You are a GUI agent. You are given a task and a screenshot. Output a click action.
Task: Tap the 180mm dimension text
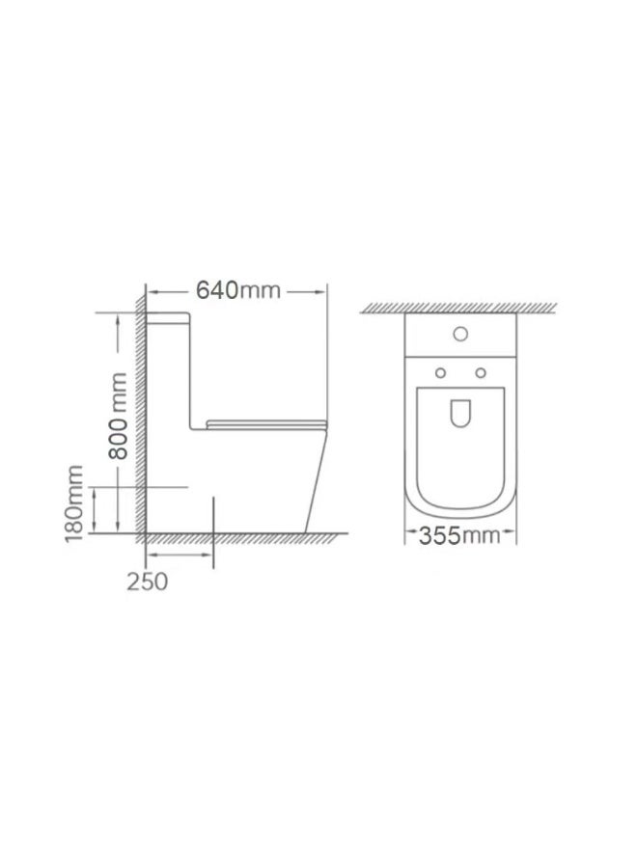75,502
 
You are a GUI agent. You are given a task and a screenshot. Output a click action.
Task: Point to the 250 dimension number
146,582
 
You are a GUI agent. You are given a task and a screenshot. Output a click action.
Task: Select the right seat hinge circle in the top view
481,373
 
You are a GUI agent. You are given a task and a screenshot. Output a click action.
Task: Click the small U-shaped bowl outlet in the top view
459,413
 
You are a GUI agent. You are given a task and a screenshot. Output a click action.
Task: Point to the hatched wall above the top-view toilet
459,307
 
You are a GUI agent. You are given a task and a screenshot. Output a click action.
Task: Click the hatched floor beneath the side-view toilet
241,537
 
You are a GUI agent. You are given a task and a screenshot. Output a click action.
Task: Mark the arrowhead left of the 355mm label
409,534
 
